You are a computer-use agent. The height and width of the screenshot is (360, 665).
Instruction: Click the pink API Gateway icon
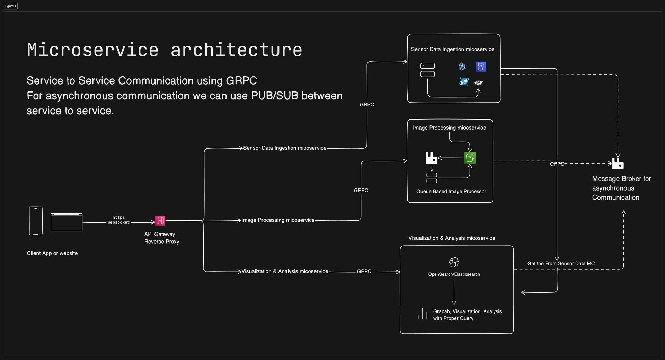(x=160, y=220)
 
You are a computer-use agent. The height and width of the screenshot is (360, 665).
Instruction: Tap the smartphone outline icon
(x=36, y=221)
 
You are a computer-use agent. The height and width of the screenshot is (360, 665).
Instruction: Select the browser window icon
(x=66, y=222)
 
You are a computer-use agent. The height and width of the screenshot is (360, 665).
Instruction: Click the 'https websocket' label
(x=118, y=220)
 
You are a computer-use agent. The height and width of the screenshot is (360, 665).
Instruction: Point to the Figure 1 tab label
(x=10, y=6)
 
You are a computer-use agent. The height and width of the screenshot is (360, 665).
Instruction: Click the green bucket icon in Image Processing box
(x=470, y=158)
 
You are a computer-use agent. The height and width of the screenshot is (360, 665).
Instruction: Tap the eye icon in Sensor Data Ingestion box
(x=478, y=82)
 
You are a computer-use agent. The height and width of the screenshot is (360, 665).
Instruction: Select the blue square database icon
(x=481, y=67)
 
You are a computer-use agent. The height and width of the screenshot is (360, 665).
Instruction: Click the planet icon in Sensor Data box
(x=464, y=81)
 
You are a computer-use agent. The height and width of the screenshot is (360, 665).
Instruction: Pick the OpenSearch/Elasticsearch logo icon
(x=454, y=262)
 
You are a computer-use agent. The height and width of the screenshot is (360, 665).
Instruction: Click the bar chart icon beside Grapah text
(x=423, y=314)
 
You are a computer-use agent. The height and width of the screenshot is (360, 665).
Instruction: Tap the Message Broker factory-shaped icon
(x=618, y=163)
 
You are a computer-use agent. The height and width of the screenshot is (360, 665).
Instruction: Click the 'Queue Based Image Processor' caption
(x=451, y=191)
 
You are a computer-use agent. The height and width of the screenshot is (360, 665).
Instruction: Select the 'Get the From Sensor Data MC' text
(x=561, y=263)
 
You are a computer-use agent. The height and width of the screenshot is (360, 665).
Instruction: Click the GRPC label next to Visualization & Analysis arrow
(x=364, y=271)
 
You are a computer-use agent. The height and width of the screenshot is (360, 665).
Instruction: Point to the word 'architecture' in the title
(x=236, y=50)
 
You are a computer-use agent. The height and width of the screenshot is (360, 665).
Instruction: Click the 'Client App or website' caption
(x=52, y=253)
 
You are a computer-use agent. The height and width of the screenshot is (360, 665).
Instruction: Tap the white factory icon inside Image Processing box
(x=431, y=158)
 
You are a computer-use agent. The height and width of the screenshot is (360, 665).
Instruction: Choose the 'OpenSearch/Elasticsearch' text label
(x=454, y=274)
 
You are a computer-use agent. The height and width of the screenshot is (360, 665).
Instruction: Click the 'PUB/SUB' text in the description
(x=274, y=96)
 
